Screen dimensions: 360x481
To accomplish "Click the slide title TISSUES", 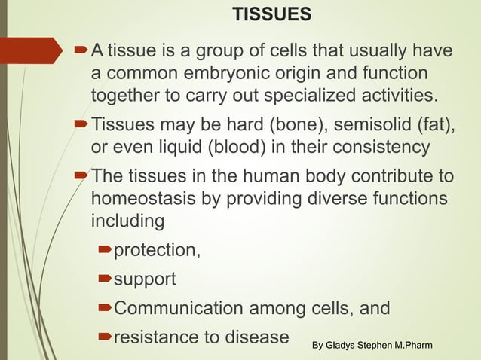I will coord(271,14).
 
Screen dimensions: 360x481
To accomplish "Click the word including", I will coord(127,222).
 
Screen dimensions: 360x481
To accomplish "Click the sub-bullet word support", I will coord(145,279).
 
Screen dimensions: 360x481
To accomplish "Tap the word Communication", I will coord(179,308).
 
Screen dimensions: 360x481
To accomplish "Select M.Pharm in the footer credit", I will coord(421,345).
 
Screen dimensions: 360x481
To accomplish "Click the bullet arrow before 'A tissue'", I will coord(82,51).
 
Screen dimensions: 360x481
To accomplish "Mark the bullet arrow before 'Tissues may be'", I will coord(82,123).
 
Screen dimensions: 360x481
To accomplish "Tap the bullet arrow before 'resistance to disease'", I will coord(105,337).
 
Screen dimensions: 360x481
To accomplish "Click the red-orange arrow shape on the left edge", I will coord(30,51).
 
